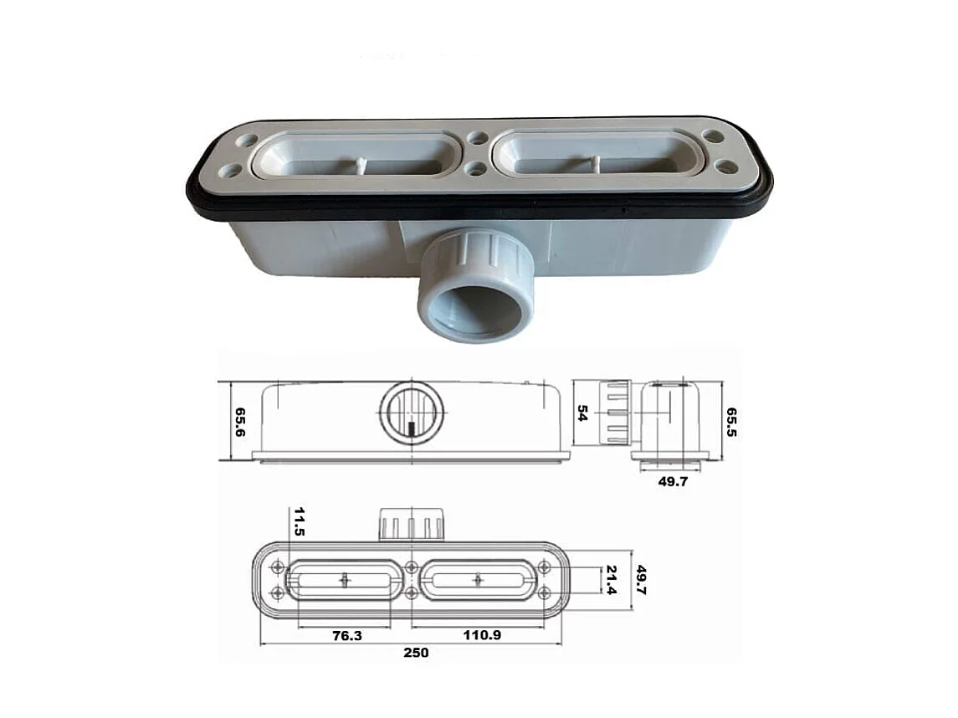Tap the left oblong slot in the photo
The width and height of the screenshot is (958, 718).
pyautogui.click(x=358, y=156)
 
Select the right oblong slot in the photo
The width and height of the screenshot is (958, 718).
pyautogui.click(x=597, y=155)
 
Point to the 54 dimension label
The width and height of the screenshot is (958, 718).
pyautogui.click(x=584, y=413)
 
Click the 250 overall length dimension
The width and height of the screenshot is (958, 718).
pyautogui.click(x=416, y=653)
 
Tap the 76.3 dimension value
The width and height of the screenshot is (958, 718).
pyautogui.click(x=346, y=635)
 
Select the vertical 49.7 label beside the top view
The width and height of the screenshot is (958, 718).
pyautogui.click(x=643, y=579)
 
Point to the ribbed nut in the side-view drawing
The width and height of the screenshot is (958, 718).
pyautogui.click(x=614, y=413)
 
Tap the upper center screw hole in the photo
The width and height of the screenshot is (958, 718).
pyautogui.click(x=478, y=138)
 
